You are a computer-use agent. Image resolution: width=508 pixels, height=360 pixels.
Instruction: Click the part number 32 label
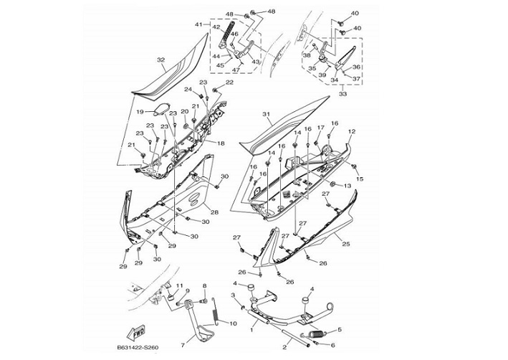coord(160,60)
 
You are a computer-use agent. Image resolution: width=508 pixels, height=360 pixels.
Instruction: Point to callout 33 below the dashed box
coord(342,93)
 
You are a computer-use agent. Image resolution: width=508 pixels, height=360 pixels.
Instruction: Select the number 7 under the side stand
coord(183,345)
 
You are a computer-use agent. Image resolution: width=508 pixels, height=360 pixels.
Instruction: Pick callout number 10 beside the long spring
coord(232,324)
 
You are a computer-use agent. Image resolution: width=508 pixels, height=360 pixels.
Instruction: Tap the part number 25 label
coord(346,245)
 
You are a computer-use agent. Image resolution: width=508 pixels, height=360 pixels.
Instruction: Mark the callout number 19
coord(141,111)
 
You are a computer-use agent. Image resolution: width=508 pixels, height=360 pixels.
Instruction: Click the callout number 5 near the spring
coord(339,329)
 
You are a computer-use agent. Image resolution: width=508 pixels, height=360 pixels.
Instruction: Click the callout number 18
coord(221,143)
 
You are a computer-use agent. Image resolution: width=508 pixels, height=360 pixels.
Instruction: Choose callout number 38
coord(307,55)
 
